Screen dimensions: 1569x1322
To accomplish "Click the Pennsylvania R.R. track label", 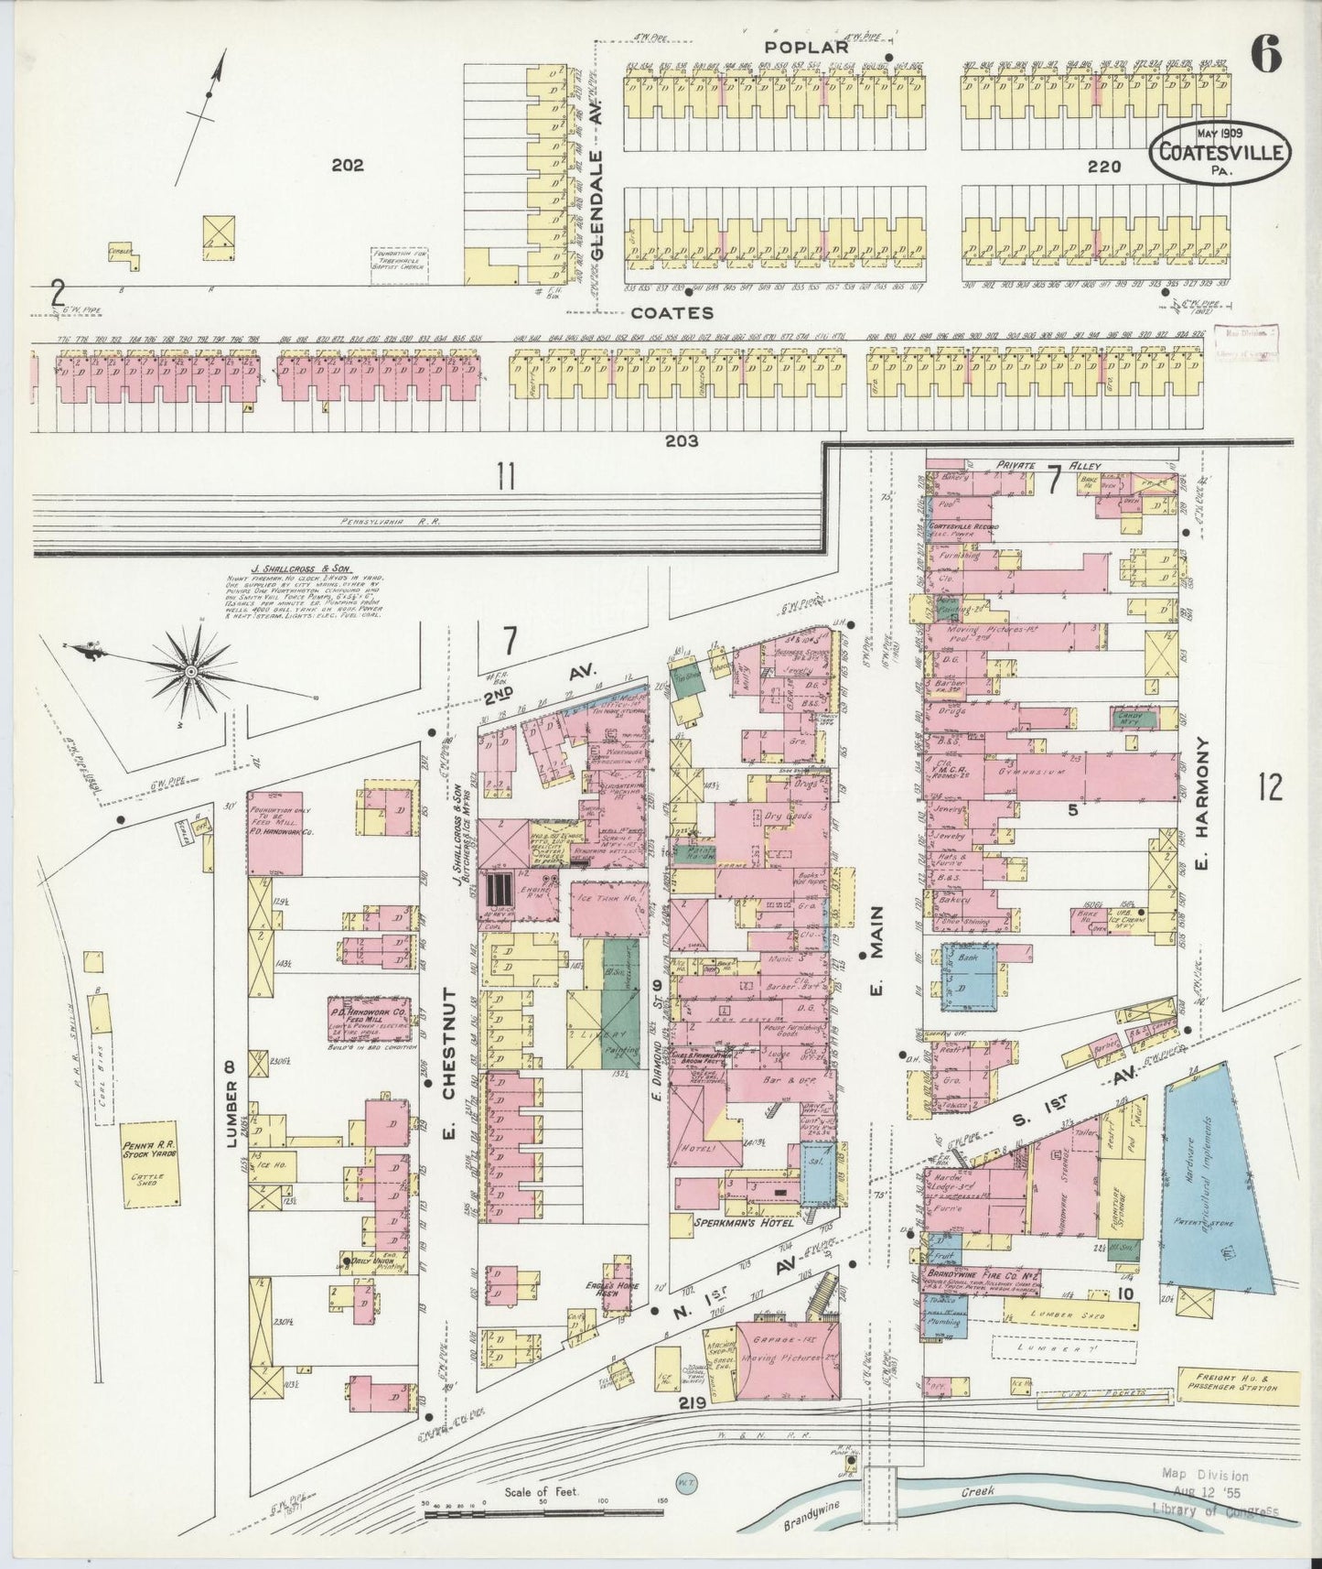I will click(392, 522).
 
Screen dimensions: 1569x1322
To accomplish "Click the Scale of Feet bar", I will click(544, 1505).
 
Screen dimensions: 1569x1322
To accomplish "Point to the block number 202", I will click(348, 166).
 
